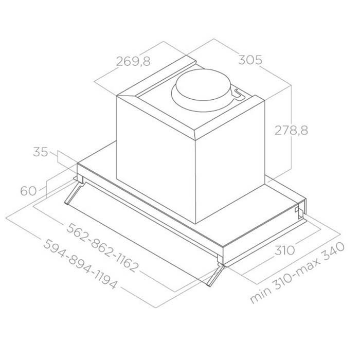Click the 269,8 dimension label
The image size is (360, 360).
click(x=133, y=61)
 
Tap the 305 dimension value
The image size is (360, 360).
click(x=250, y=60)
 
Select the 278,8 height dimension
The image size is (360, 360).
click(x=291, y=131)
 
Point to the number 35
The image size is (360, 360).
click(x=41, y=152)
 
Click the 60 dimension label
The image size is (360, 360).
click(x=28, y=191)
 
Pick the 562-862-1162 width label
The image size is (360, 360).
click(x=103, y=247)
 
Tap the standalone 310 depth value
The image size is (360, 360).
click(x=284, y=250)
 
